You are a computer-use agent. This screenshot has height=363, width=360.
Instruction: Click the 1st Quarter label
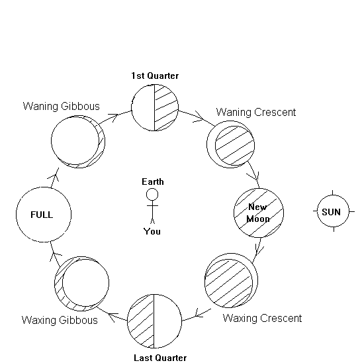(155, 76)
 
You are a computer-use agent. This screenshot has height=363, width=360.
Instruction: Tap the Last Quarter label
(160, 358)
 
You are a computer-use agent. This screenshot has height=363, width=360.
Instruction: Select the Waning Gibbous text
(62, 106)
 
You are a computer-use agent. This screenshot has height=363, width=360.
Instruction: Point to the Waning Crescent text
(256, 113)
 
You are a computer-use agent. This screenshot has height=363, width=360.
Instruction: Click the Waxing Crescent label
(262, 319)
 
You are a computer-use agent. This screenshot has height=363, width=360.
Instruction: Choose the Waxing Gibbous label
(60, 320)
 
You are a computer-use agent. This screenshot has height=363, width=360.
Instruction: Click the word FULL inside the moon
(42, 215)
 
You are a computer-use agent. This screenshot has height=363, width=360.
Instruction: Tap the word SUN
(331, 212)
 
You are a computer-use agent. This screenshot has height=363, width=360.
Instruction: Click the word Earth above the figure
(153, 181)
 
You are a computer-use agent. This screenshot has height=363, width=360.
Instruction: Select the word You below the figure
(152, 231)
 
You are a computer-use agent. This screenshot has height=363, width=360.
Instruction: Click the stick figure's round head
(152, 194)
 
